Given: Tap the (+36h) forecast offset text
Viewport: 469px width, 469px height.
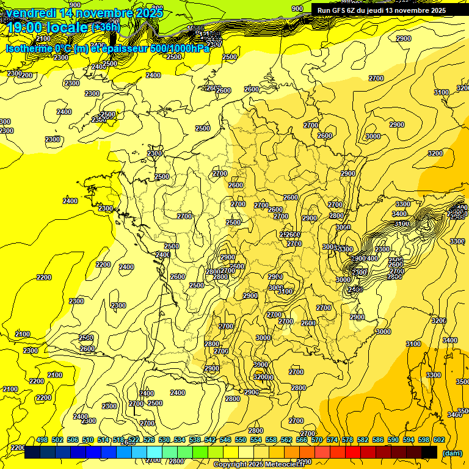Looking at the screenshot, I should click(106, 27).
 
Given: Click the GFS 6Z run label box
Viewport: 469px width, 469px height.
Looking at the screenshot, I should click(381, 10).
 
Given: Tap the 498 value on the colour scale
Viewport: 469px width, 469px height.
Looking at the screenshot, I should click(42, 440).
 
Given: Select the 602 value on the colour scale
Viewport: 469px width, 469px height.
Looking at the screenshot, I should click(438, 440).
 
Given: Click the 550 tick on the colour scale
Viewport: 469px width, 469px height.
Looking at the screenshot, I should click(241, 440).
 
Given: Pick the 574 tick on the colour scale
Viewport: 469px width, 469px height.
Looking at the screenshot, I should click(332, 440).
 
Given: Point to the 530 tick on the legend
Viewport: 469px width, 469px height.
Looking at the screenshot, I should click(164, 440).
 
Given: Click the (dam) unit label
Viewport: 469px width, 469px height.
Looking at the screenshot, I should click(452, 453).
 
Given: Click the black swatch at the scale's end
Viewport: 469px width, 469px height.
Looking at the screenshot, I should click(429, 453).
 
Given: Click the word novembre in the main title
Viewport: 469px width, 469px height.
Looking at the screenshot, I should click(104, 13).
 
